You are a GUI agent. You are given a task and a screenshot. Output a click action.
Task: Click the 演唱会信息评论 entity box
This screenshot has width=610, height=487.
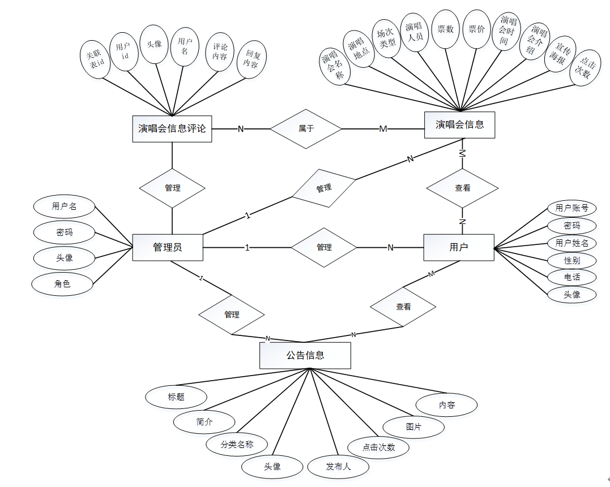coord(172,128)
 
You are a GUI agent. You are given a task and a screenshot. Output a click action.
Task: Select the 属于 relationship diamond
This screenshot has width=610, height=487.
coord(306,129)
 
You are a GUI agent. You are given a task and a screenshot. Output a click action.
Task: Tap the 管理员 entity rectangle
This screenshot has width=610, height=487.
coord(168,247)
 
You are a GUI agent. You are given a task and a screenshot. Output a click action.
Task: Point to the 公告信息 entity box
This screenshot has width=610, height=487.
coord(305,356)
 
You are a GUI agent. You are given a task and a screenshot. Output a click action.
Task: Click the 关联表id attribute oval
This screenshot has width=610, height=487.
coord(95,59)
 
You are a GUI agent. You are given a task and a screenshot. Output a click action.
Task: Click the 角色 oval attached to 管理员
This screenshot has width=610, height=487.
coord(62,284)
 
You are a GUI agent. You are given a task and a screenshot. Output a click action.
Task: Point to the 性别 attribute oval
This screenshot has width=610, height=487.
coord(572,260)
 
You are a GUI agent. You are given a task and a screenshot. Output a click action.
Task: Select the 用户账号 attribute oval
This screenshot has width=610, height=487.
coord(572,208)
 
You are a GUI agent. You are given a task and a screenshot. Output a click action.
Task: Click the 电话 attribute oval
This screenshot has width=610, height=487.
coord(572,277)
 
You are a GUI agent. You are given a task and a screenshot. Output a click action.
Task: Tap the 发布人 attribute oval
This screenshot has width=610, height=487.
coord(338,467)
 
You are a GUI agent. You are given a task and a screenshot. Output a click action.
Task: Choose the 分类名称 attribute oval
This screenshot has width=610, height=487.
coord(237,444)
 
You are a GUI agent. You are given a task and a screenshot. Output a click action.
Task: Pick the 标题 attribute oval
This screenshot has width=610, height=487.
coord(176,397)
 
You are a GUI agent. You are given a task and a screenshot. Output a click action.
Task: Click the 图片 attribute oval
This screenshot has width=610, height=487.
coord(414,427)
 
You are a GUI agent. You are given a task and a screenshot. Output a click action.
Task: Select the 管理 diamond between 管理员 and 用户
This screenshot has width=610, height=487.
coord(324,247)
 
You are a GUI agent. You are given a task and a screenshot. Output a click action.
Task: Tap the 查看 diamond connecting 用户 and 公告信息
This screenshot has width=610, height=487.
coord(403,307)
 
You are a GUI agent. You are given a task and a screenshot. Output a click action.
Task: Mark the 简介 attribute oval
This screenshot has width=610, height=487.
coord(204,421)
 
